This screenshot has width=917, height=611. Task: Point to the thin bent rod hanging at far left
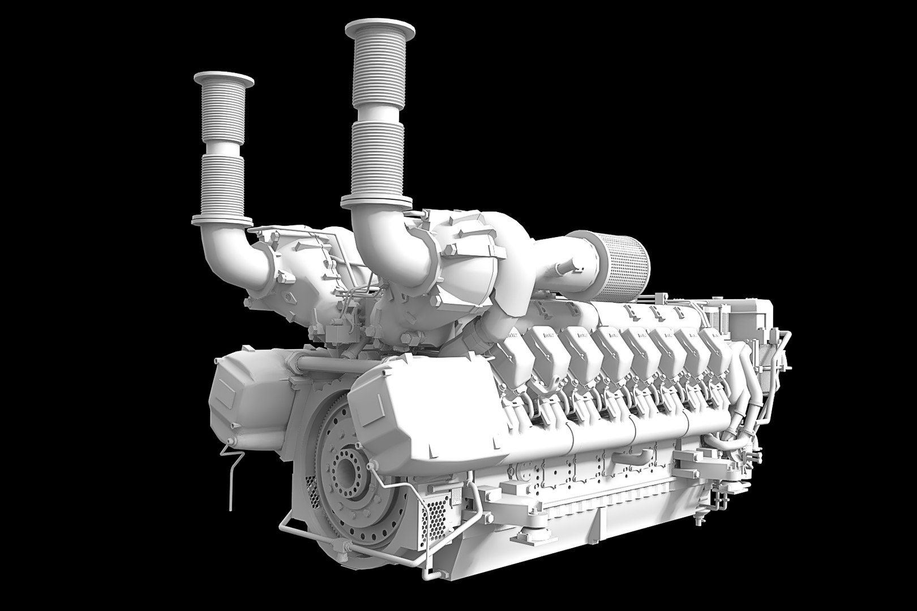click(x=232, y=464)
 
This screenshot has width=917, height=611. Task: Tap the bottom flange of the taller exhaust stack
click(x=376, y=200)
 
